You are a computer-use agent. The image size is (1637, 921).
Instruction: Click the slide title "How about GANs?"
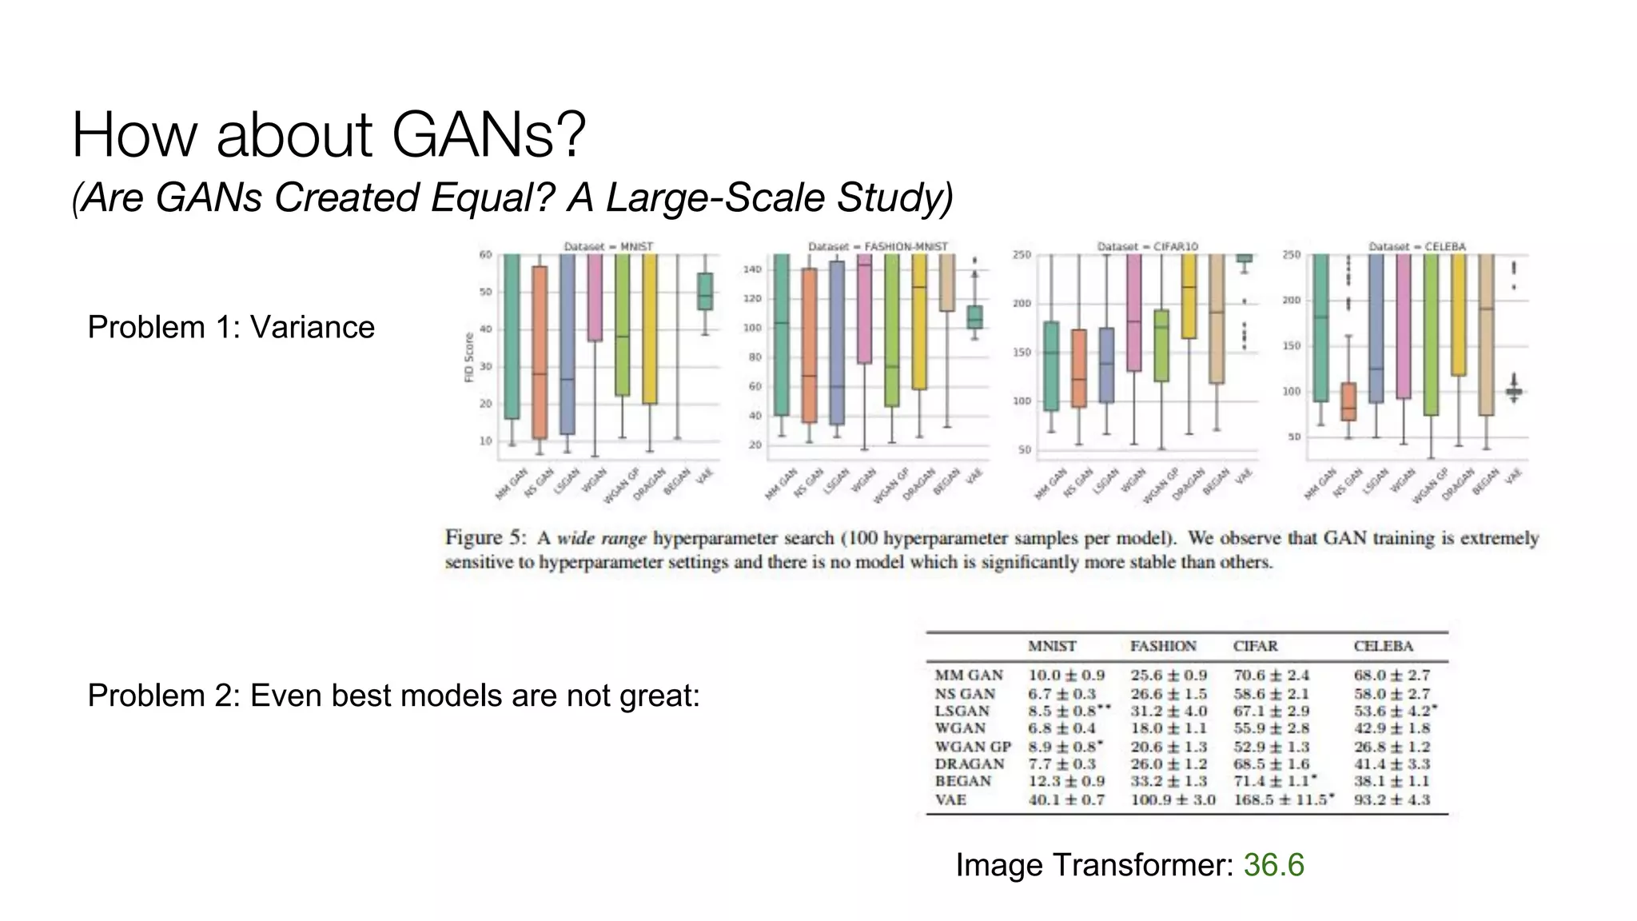coord(329,134)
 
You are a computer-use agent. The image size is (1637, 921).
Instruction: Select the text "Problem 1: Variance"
coord(231,327)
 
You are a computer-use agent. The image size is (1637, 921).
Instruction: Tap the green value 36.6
coord(1273,865)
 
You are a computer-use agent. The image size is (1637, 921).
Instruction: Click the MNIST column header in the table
coord(1052,646)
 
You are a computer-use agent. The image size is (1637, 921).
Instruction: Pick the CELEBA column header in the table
coord(1384,646)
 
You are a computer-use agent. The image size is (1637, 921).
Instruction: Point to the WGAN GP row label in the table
coord(973,747)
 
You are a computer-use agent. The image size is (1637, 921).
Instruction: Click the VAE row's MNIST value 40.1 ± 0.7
coord(1066,799)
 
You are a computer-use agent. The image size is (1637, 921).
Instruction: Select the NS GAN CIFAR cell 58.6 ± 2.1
coord(1271,694)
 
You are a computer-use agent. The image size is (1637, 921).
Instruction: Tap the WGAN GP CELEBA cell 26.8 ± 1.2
coord(1392,747)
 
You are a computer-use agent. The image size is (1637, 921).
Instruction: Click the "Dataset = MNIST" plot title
coord(608,246)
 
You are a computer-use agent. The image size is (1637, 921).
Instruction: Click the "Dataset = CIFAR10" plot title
coord(1148,246)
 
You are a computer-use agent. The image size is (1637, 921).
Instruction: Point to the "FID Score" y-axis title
coord(469,357)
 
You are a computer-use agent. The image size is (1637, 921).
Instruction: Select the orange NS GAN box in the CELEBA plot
coord(1348,401)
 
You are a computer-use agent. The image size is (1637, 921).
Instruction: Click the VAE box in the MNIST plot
coord(704,291)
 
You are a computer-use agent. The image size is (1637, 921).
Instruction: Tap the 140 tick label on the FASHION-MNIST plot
coord(753,269)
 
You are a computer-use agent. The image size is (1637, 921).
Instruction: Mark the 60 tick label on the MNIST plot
coord(485,255)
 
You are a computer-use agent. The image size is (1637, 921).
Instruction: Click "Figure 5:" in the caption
coord(485,537)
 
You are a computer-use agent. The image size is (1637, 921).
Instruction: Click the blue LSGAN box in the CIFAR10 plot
coord(1106,365)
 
